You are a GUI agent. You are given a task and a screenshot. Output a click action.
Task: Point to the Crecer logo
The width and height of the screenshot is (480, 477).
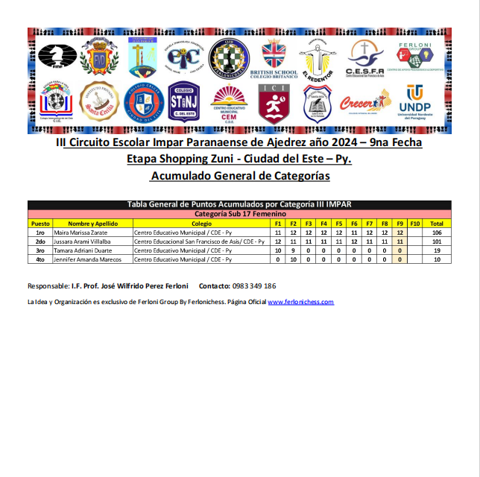pyautogui.click(x=364, y=103)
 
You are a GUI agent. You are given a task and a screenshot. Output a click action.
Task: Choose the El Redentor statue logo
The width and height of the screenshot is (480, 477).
pyautogui.click(x=315, y=58)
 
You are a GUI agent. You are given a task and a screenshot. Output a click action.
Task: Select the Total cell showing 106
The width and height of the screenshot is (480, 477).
pyautogui.click(x=437, y=233)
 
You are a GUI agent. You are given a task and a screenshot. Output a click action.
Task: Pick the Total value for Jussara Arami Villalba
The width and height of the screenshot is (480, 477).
pyautogui.click(x=437, y=241)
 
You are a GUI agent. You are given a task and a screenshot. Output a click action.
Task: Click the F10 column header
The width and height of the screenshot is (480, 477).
pyautogui.click(x=415, y=224)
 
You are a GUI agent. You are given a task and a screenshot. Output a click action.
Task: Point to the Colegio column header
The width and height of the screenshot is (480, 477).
pyautogui.click(x=201, y=224)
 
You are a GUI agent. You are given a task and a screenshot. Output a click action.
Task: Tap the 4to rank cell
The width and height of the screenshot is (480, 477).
pyautogui.click(x=40, y=259)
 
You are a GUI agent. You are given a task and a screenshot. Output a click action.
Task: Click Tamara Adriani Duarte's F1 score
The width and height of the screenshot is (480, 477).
pyautogui.click(x=278, y=250)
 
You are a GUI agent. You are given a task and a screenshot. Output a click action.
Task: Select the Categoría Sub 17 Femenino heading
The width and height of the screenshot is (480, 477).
pyautogui.click(x=239, y=214)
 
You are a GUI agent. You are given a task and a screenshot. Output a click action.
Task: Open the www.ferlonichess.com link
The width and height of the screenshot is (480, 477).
pyautogui.click(x=300, y=302)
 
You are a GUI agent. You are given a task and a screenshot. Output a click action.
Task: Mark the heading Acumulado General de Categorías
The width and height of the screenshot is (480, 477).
pyautogui.click(x=239, y=176)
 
